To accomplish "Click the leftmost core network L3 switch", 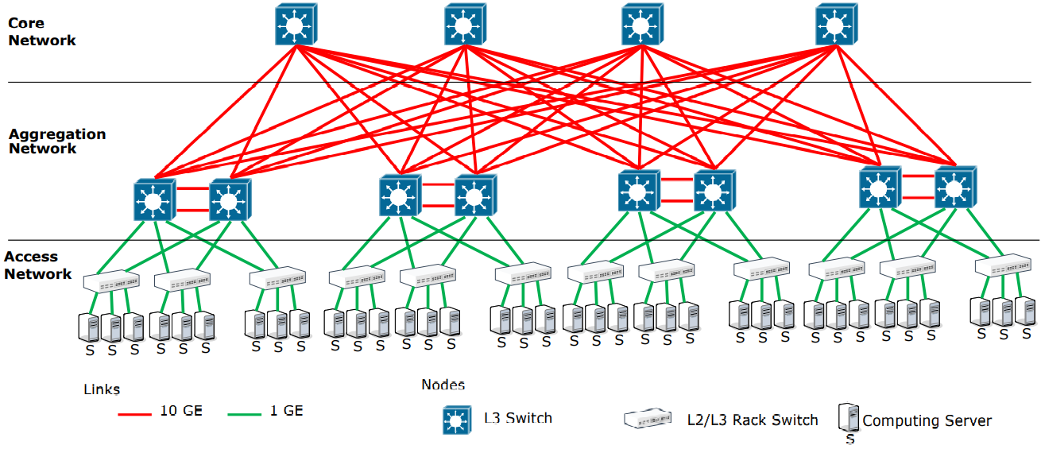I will click(x=296, y=25).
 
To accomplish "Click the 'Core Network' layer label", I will click(x=41, y=32).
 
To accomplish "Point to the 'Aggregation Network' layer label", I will click(x=56, y=141).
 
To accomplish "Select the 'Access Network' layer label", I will click(x=37, y=265).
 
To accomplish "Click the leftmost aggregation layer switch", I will click(x=154, y=199).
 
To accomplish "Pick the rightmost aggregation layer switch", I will click(x=954, y=188).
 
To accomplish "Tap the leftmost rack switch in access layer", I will click(x=111, y=280).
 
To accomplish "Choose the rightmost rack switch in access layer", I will click(x=1003, y=265).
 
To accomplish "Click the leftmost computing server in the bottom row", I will click(x=89, y=327).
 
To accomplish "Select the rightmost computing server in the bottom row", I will click(x=1026, y=311).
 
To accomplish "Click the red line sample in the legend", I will click(x=134, y=413).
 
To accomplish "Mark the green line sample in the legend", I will click(x=246, y=413).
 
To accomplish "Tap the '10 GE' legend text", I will click(x=182, y=411).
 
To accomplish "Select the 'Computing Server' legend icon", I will click(x=849, y=418).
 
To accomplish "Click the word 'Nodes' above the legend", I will click(x=443, y=385).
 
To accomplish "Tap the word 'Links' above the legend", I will click(x=102, y=389).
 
